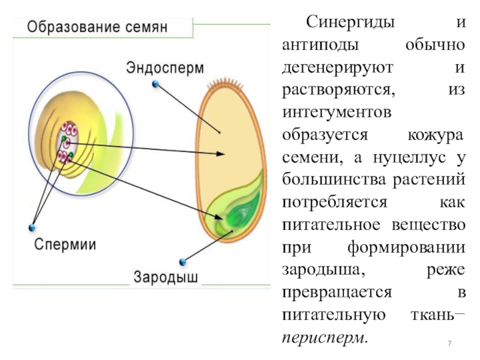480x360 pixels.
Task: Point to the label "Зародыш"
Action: [166, 278]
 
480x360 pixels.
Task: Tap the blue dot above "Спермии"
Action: [31, 227]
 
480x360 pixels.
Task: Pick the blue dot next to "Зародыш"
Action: [181, 262]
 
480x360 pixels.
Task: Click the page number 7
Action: [448, 343]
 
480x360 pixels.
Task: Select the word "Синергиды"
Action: [350, 23]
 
